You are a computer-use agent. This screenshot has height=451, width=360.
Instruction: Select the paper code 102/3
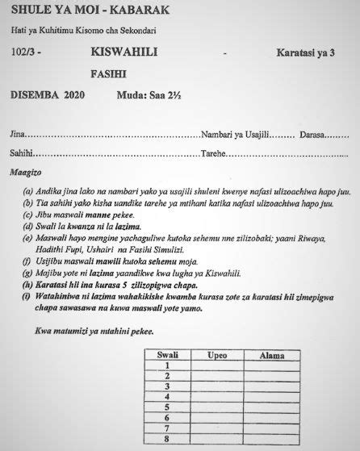coord(25,53)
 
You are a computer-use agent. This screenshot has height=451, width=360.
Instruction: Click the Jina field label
coord(17,133)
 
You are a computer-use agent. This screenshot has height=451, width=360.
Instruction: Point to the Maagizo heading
coord(25,173)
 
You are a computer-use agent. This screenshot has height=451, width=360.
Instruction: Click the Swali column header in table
coord(166,354)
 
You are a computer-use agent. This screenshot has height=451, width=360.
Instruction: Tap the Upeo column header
coord(217,354)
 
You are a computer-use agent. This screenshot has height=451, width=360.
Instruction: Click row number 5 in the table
coord(165,407)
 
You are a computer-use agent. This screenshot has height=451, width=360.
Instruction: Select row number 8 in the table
coord(165,440)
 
